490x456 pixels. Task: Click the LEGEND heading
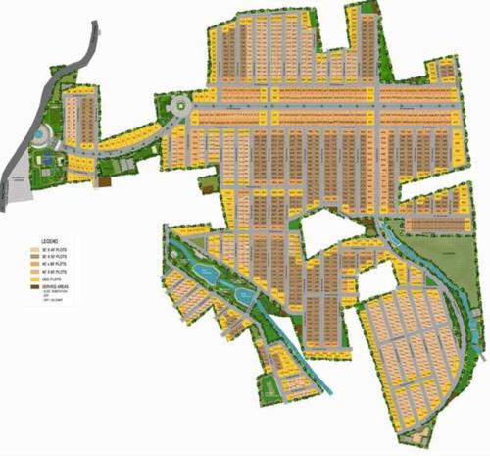50,240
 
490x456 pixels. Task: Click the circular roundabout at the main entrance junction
178,105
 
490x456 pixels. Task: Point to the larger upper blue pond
206,267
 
